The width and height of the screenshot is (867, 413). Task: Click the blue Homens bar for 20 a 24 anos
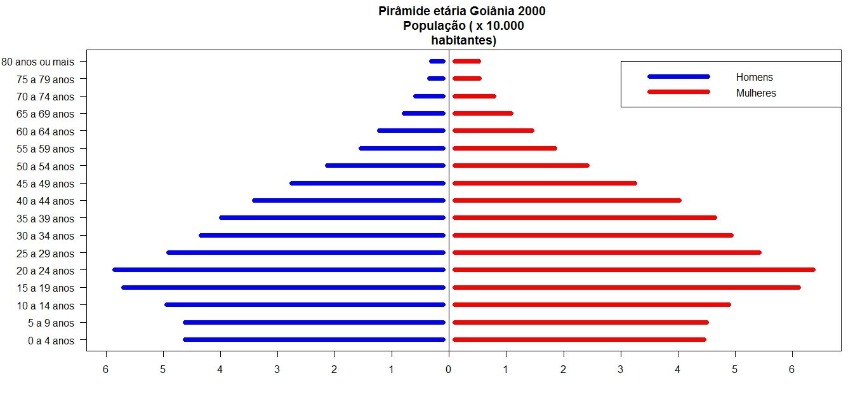point(279,270)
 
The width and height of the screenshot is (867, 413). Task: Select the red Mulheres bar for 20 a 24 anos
point(633,270)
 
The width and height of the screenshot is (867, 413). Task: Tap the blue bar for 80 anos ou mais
point(437,62)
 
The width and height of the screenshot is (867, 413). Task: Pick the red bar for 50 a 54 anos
point(520,166)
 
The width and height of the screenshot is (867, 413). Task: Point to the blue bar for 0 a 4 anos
point(314,340)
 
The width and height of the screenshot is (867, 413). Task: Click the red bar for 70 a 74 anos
point(473,97)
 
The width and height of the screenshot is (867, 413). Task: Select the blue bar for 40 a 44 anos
point(348,201)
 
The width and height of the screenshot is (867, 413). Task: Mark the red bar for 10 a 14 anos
point(591,305)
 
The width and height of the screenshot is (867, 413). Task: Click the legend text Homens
point(754,78)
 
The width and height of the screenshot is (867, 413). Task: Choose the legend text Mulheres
point(756,93)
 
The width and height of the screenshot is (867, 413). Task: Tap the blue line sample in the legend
point(678,77)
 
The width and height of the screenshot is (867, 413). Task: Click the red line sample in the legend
point(678,92)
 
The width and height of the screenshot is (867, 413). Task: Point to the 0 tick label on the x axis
point(449,369)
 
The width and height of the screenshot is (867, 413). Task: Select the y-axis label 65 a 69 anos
point(46,114)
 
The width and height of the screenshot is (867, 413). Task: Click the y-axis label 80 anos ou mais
point(37,62)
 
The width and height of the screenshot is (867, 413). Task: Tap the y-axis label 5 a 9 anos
point(51,323)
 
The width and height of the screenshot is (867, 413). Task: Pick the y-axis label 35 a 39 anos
point(46,219)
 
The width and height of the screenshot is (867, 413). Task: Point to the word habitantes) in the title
point(463,40)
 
